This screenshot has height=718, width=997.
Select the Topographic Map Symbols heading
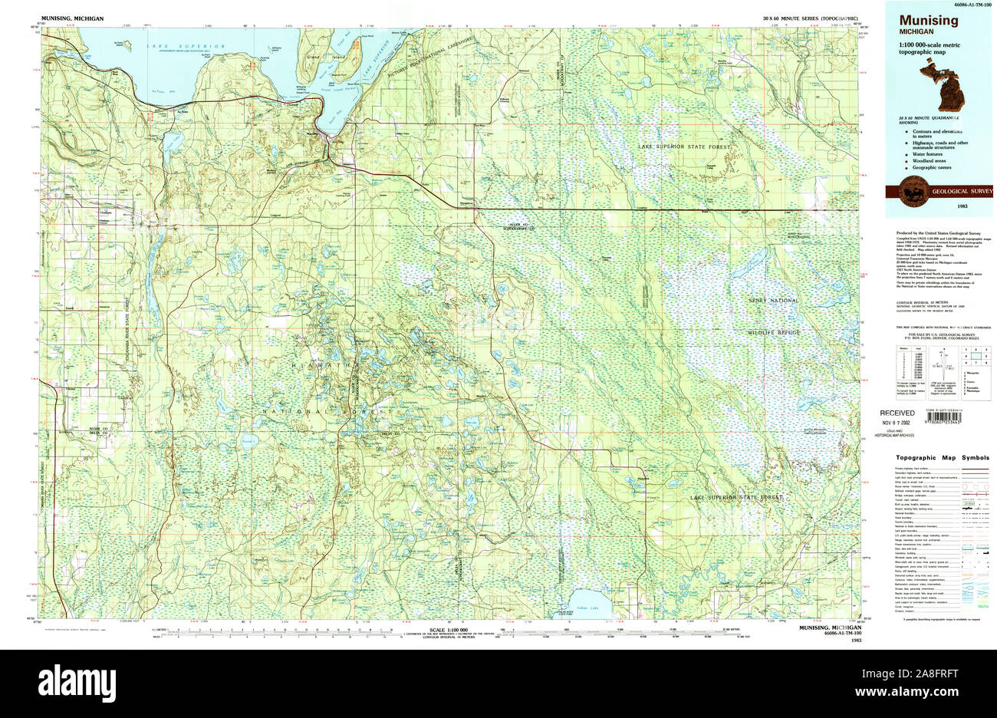point(942,458)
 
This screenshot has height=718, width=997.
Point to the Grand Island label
point(313,58)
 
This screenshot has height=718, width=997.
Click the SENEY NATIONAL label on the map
point(774,301)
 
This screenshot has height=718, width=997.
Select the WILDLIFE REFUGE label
point(774,332)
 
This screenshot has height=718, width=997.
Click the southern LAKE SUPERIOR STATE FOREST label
point(736,498)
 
